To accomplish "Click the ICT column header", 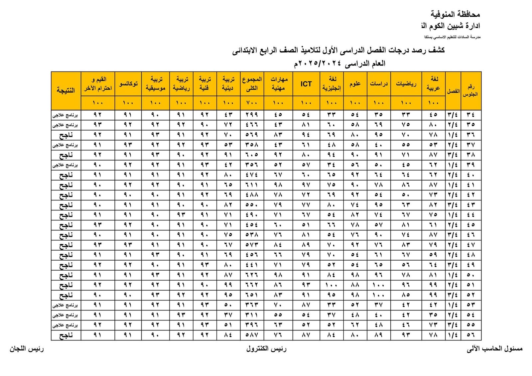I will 306,84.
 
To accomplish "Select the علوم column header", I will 355,84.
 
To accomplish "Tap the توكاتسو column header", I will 128,84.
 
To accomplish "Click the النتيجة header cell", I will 66,90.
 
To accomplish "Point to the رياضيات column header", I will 406,84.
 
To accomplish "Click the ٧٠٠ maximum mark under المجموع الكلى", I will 252,103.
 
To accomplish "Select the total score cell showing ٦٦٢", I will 252,285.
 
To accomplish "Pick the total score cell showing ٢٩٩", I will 252,115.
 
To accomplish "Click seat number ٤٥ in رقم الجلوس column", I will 471,225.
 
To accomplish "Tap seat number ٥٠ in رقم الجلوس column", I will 471,275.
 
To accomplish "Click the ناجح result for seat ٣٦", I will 66,135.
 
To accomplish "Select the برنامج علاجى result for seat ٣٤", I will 66,115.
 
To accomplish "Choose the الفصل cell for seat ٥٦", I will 453,335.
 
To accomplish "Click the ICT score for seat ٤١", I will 306,185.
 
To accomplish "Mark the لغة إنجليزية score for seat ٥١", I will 331,285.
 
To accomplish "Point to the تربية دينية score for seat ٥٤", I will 228,315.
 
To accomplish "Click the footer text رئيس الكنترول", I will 266,349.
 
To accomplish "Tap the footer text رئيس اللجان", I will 27,349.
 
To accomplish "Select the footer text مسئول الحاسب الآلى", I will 494,349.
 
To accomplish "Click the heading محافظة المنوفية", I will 455,14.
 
